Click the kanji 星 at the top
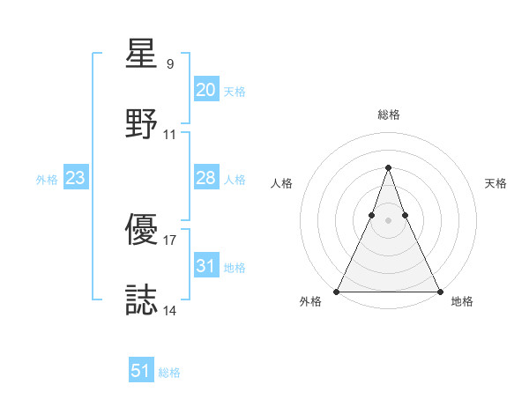coord(142,55)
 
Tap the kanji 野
coord(142,124)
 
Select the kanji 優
coord(142,231)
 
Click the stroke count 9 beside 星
coord(169,64)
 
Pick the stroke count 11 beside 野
coord(169,135)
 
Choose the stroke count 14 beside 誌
coord(169,310)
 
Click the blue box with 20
coord(205,90)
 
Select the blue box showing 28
coord(205,178)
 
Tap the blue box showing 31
coord(205,266)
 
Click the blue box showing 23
coord(76,178)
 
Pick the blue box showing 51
coord(141,371)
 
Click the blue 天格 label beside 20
coord(235,92)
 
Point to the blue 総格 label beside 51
coord(169,373)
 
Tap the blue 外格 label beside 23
coord(47,180)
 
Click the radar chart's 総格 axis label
coord(388,115)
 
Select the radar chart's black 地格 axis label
coord(462,302)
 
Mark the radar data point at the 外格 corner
coord(337,291)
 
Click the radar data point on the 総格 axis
coord(388,166)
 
